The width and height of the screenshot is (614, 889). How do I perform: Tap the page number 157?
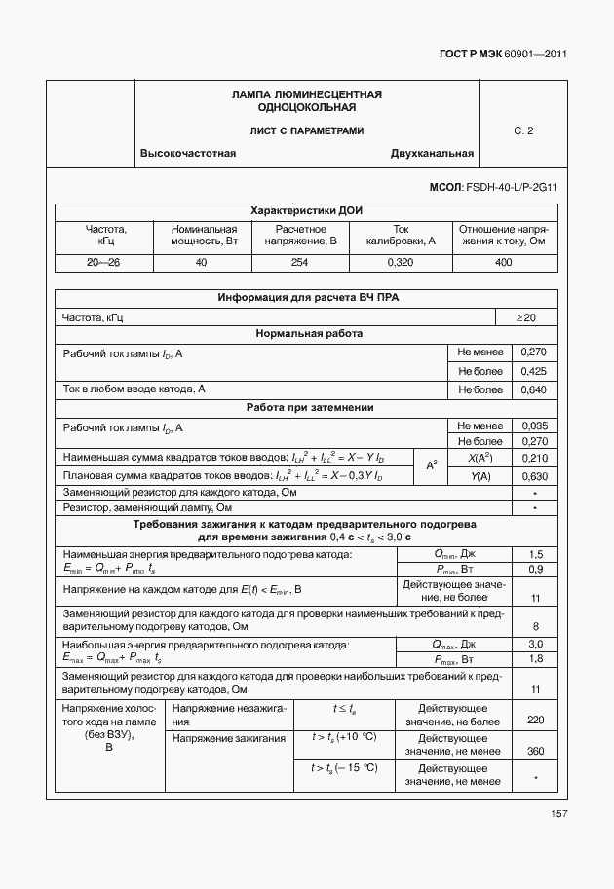pyautogui.click(x=558, y=814)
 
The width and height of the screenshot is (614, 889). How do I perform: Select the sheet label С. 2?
pyautogui.click(x=523, y=130)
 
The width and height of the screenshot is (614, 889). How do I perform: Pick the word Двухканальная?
pyautogui.click(x=432, y=154)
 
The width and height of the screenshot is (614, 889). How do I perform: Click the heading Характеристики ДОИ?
pyautogui.click(x=307, y=210)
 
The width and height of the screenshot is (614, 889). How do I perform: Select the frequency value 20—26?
pyautogui.click(x=103, y=263)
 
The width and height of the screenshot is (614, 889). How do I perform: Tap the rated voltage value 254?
pyautogui.click(x=299, y=263)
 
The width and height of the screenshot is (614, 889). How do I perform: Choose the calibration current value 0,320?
pyautogui.click(x=400, y=263)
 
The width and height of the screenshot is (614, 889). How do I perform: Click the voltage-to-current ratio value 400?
pyautogui.click(x=504, y=263)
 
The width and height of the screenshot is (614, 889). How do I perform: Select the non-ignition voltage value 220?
pyautogui.click(x=535, y=721)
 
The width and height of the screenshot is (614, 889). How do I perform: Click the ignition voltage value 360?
pyautogui.click(x=535, y=751)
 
